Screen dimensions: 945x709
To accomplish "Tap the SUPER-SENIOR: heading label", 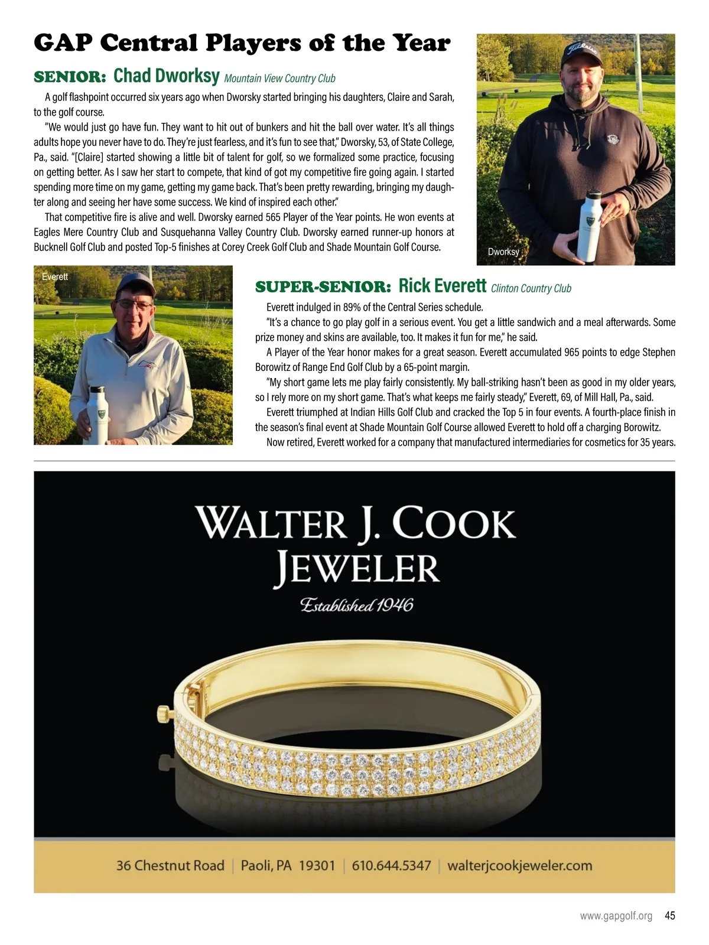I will (x=323, y=288).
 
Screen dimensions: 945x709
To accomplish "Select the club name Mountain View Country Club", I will (x=279, y=79).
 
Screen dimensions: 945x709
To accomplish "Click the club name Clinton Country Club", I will (x=531, y=288).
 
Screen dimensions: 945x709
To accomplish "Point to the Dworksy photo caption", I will (x=503, y=252).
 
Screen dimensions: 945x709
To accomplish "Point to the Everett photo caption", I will (x=55, y=276).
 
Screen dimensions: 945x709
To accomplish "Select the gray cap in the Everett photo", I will (x=135, y=285).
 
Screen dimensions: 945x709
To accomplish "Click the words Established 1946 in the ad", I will (x=356, y=605).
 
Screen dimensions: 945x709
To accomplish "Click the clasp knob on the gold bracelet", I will (x=161, y=714).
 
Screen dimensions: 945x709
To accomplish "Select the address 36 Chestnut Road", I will (x=170, y=866).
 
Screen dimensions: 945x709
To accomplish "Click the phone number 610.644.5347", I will (x=391, y=866).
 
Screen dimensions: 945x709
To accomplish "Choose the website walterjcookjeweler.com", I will (x=519, y=866).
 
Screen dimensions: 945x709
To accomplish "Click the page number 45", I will (x=669, y=916).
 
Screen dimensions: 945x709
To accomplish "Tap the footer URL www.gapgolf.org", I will (x=616, y=916).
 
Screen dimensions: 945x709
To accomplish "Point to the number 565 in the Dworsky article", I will (x=273, y=217).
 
